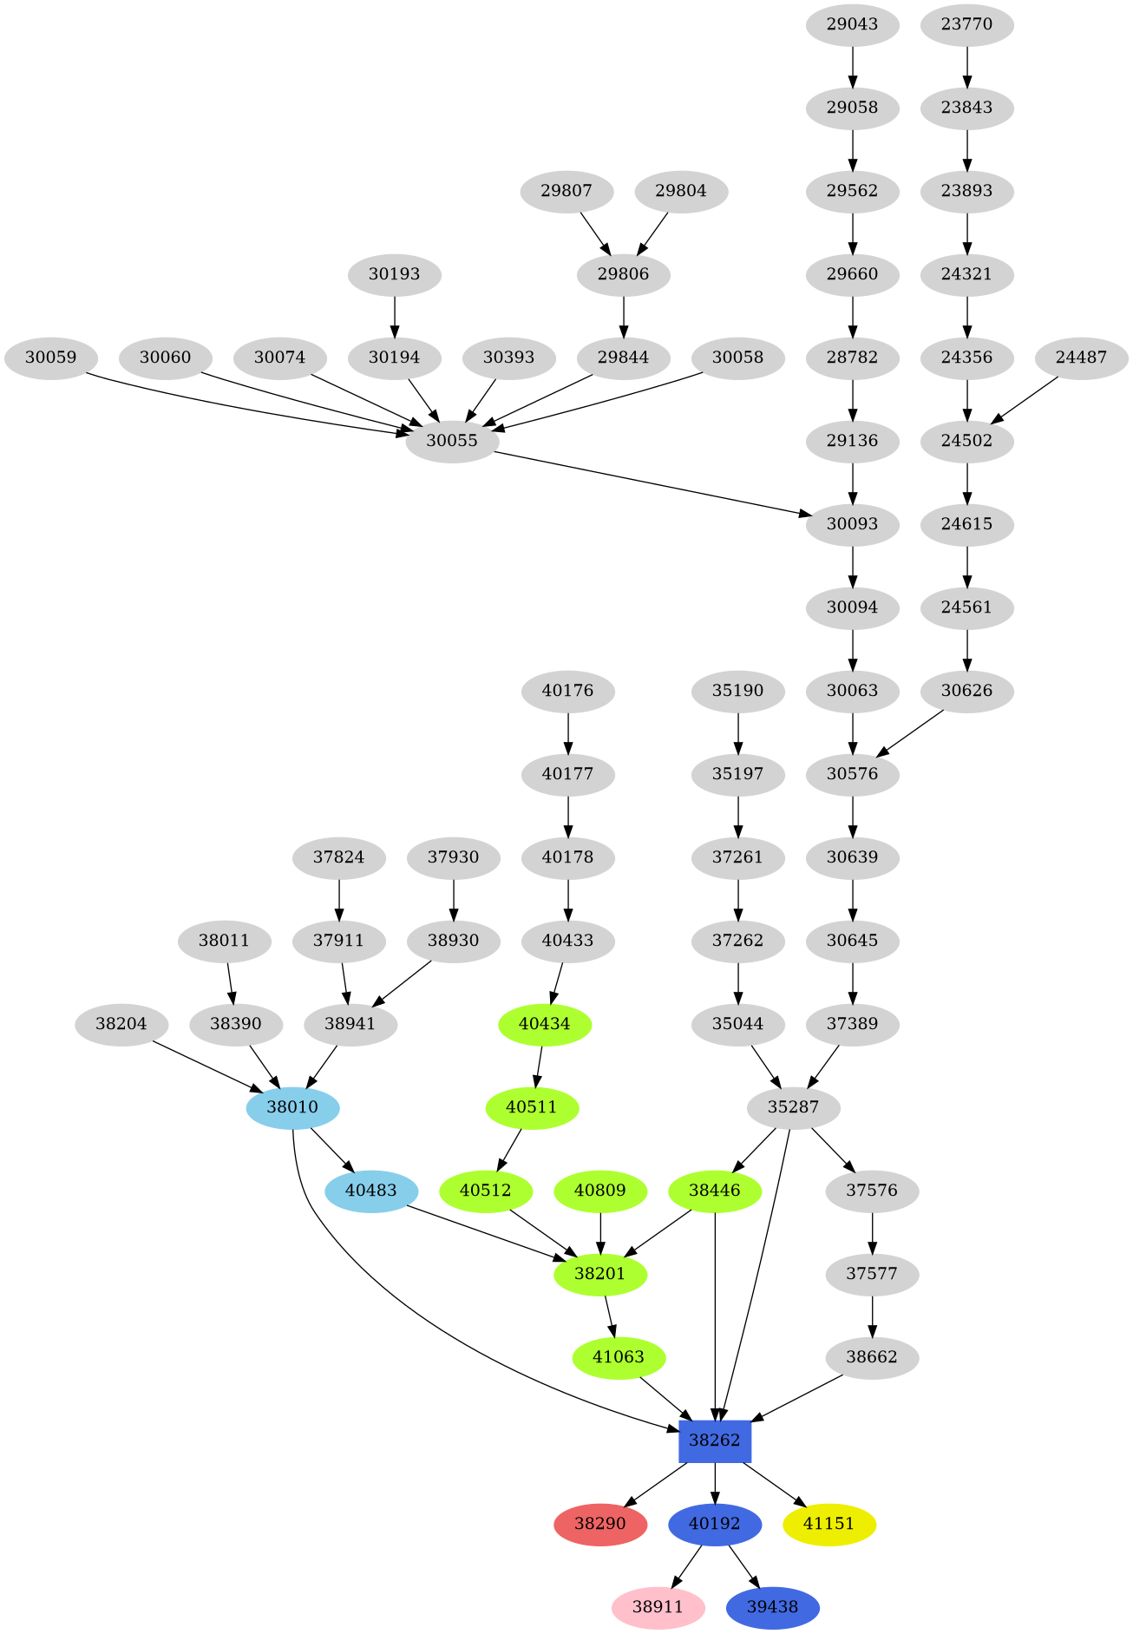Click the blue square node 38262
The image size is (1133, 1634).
click(x=714, y=1440)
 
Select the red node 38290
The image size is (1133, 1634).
click(x=599, y=1524)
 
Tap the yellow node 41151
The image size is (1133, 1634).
click(x=828, y=1524)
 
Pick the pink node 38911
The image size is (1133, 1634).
click(x=658, y=1607)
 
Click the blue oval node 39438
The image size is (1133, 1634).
click(x=772, y=1607)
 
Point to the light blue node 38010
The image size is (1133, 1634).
click(x=292, y=1107)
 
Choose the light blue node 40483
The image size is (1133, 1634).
click(x=371, y=1191)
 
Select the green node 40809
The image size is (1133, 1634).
click(x=599, y=1191)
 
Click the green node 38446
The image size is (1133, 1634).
click(x=714, y=1191)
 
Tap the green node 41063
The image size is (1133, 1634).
click(x=619, y=1357)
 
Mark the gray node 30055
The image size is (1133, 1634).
click(x=451, y=441)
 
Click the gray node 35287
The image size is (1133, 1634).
click(x=793, y=1107)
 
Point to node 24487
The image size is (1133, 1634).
click(x=1081, y=358)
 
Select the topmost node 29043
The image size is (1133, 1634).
click(x=852, y=24)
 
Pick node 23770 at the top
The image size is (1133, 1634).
click(x=966, y=24)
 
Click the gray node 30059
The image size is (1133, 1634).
click(x=50, y=358)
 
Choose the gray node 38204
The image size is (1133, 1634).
click(x=121, y=1024)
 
